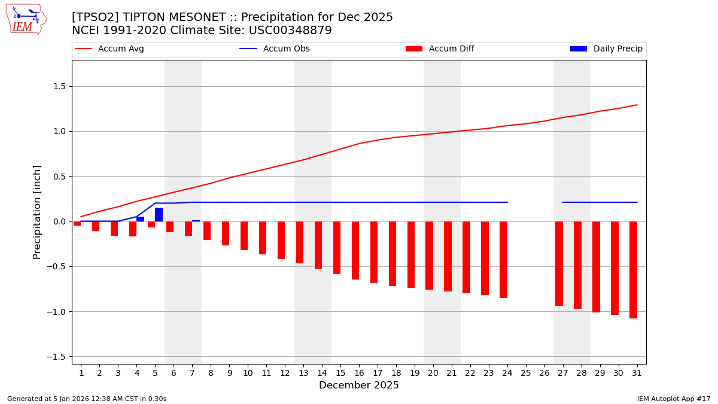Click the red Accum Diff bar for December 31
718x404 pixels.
tap(633, 269)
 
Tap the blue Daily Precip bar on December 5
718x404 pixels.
tap(159, 215)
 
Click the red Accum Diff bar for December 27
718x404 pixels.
tap(559, 263)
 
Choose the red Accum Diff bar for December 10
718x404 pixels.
tap(244, 236)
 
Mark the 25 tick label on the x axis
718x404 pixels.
tap(526, 373)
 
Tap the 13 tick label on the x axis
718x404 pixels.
tap(303, 373)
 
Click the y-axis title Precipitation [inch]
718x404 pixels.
tap(37, 212)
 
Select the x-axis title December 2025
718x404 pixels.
tap(359, 385)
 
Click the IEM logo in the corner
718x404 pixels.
tap(26, 19)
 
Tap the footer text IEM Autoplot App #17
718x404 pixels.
tap(674, 399)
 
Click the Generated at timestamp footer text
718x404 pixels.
tap(87, 399)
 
